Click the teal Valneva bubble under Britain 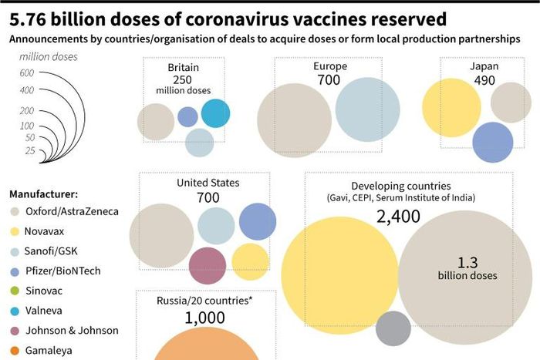point(215,113)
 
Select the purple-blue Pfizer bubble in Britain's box point(187,116)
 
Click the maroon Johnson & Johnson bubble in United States point(207,266)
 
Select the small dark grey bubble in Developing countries point(393,328)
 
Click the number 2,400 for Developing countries point(398,217)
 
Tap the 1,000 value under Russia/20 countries point(204,317)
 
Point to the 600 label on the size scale point(27,72)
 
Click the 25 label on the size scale point(29,150)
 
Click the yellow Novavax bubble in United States point(250,261)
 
